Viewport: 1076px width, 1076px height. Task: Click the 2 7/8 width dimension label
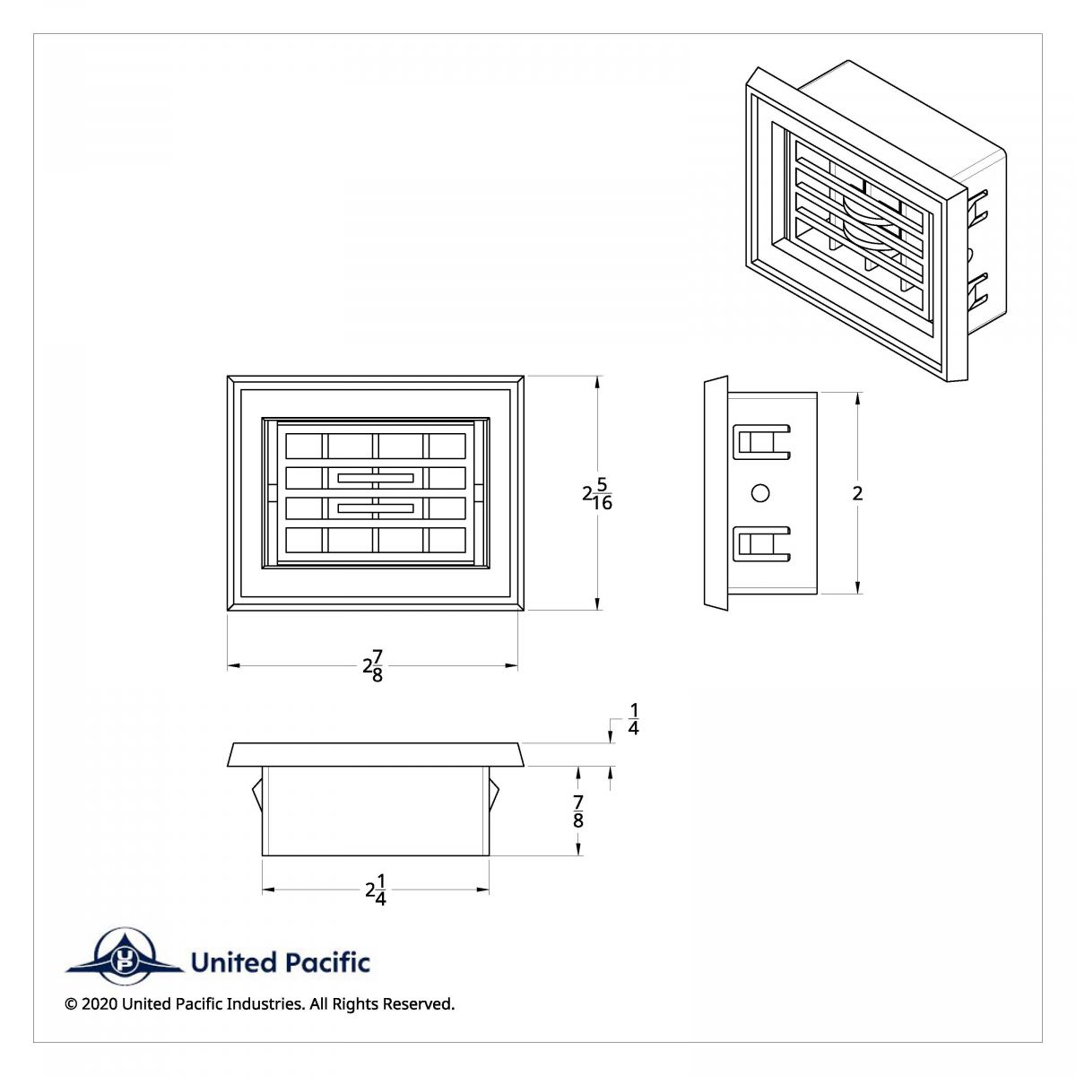click(x=373, y=665)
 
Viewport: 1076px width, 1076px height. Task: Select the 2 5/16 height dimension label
click(x=597, y=493)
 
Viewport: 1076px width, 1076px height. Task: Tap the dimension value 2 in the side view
click(x=858, y=493)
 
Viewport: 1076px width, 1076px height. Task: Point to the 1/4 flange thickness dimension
click(x=633, y=719)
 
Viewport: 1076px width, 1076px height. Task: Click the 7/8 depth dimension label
click(x=578, y=811)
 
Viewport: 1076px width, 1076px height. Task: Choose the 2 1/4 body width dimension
click(x=376, y=889)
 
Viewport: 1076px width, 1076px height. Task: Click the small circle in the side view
click(x=760, y=493)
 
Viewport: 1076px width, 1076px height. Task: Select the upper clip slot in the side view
click(x=761, y=442)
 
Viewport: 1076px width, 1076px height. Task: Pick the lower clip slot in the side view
click(x=761, y=544)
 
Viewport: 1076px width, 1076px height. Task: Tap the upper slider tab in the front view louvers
click(x=376, y=478)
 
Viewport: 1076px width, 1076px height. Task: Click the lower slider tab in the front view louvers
click(x=376, y=508)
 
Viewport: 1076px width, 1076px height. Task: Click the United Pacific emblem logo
click(x=124, y=962)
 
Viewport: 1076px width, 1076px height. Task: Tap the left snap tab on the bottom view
click(x=256, y=794)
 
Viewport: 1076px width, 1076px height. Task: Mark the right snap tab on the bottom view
click(x=494, y=794)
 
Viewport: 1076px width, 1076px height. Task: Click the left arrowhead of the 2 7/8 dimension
click(x=233, y=665)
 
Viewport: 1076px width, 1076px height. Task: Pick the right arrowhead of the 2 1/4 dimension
click(x=483, y=889)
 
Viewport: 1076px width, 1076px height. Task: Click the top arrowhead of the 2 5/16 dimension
click(x=598, y=382)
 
